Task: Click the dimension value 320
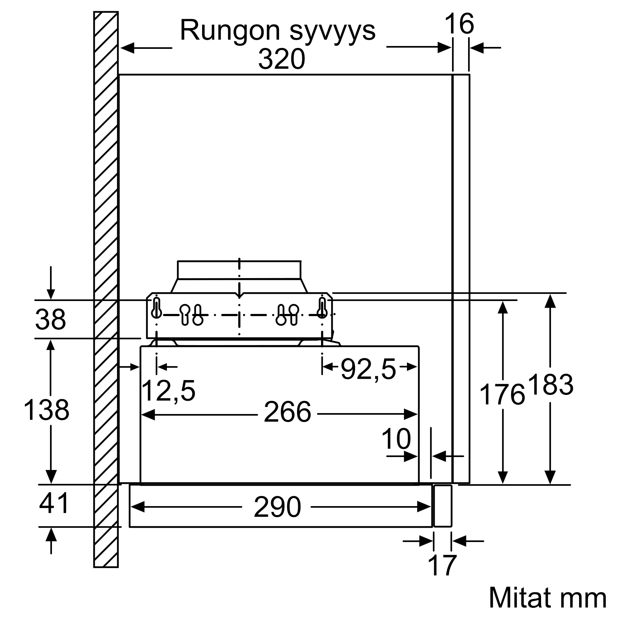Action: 281,59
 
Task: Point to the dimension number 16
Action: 459,24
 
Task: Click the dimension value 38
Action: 51,319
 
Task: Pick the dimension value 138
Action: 46,410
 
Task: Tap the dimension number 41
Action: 54,502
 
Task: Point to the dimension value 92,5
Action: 368,370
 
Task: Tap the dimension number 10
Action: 396,439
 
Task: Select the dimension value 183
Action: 551,385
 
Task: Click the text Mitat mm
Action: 547,598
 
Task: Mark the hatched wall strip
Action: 106,290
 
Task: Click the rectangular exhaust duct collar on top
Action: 239,270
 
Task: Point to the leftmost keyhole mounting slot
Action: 156,308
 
